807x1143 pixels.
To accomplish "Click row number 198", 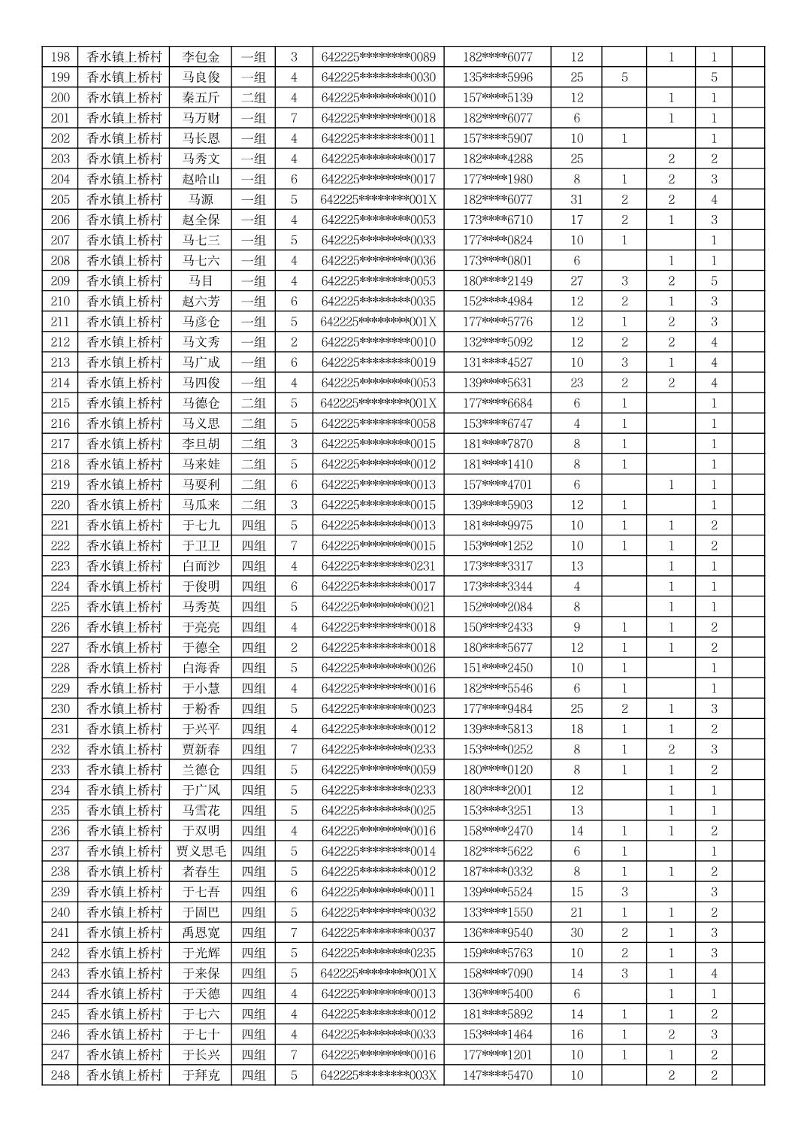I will pos(60,57).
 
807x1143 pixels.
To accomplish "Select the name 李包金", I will pos(201,57).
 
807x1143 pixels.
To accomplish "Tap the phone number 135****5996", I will pos(497,77).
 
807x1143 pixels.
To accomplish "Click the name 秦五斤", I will pos(201,98).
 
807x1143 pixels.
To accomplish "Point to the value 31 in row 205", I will pos(576,199).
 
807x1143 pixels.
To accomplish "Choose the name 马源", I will pos(201,199).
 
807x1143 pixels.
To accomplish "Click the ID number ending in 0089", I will pos(378,57).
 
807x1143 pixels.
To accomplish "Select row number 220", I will pos(60,505).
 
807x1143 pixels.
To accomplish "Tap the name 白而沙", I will pos(201,565).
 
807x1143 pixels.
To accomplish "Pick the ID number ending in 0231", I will pos(378,565).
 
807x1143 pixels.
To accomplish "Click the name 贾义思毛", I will pos(201,851).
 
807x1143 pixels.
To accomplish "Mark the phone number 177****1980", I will pos(497,179).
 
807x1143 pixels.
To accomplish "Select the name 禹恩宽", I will pos(201,932).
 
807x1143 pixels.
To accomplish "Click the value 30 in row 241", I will pos(576,932).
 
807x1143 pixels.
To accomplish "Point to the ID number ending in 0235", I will pos(378,953).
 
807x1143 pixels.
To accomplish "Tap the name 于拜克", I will pos(201,1075).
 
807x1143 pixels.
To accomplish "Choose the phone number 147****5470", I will pos(497,1075).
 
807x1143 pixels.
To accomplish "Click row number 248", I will pos(60,1075).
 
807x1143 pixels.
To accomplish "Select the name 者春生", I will pos(201,872).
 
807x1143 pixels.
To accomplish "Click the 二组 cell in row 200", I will pos(253,98).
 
